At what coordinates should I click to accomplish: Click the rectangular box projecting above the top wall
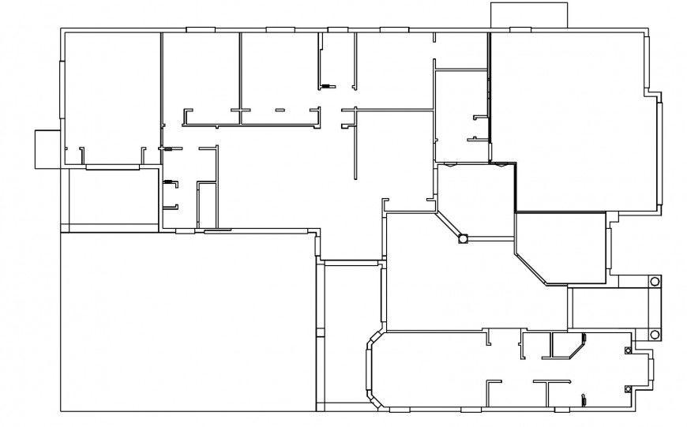tap(528, 16)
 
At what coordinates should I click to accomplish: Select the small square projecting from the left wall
tap(47, 148)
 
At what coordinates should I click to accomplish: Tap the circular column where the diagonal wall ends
tap(463, 237)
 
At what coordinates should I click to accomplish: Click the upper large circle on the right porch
tap(655, 282)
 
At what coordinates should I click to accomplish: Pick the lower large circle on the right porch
tap(655, 334)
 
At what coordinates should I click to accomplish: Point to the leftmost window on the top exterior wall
tap(201, 30)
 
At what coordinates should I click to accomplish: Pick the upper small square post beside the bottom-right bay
tap(629, 350)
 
